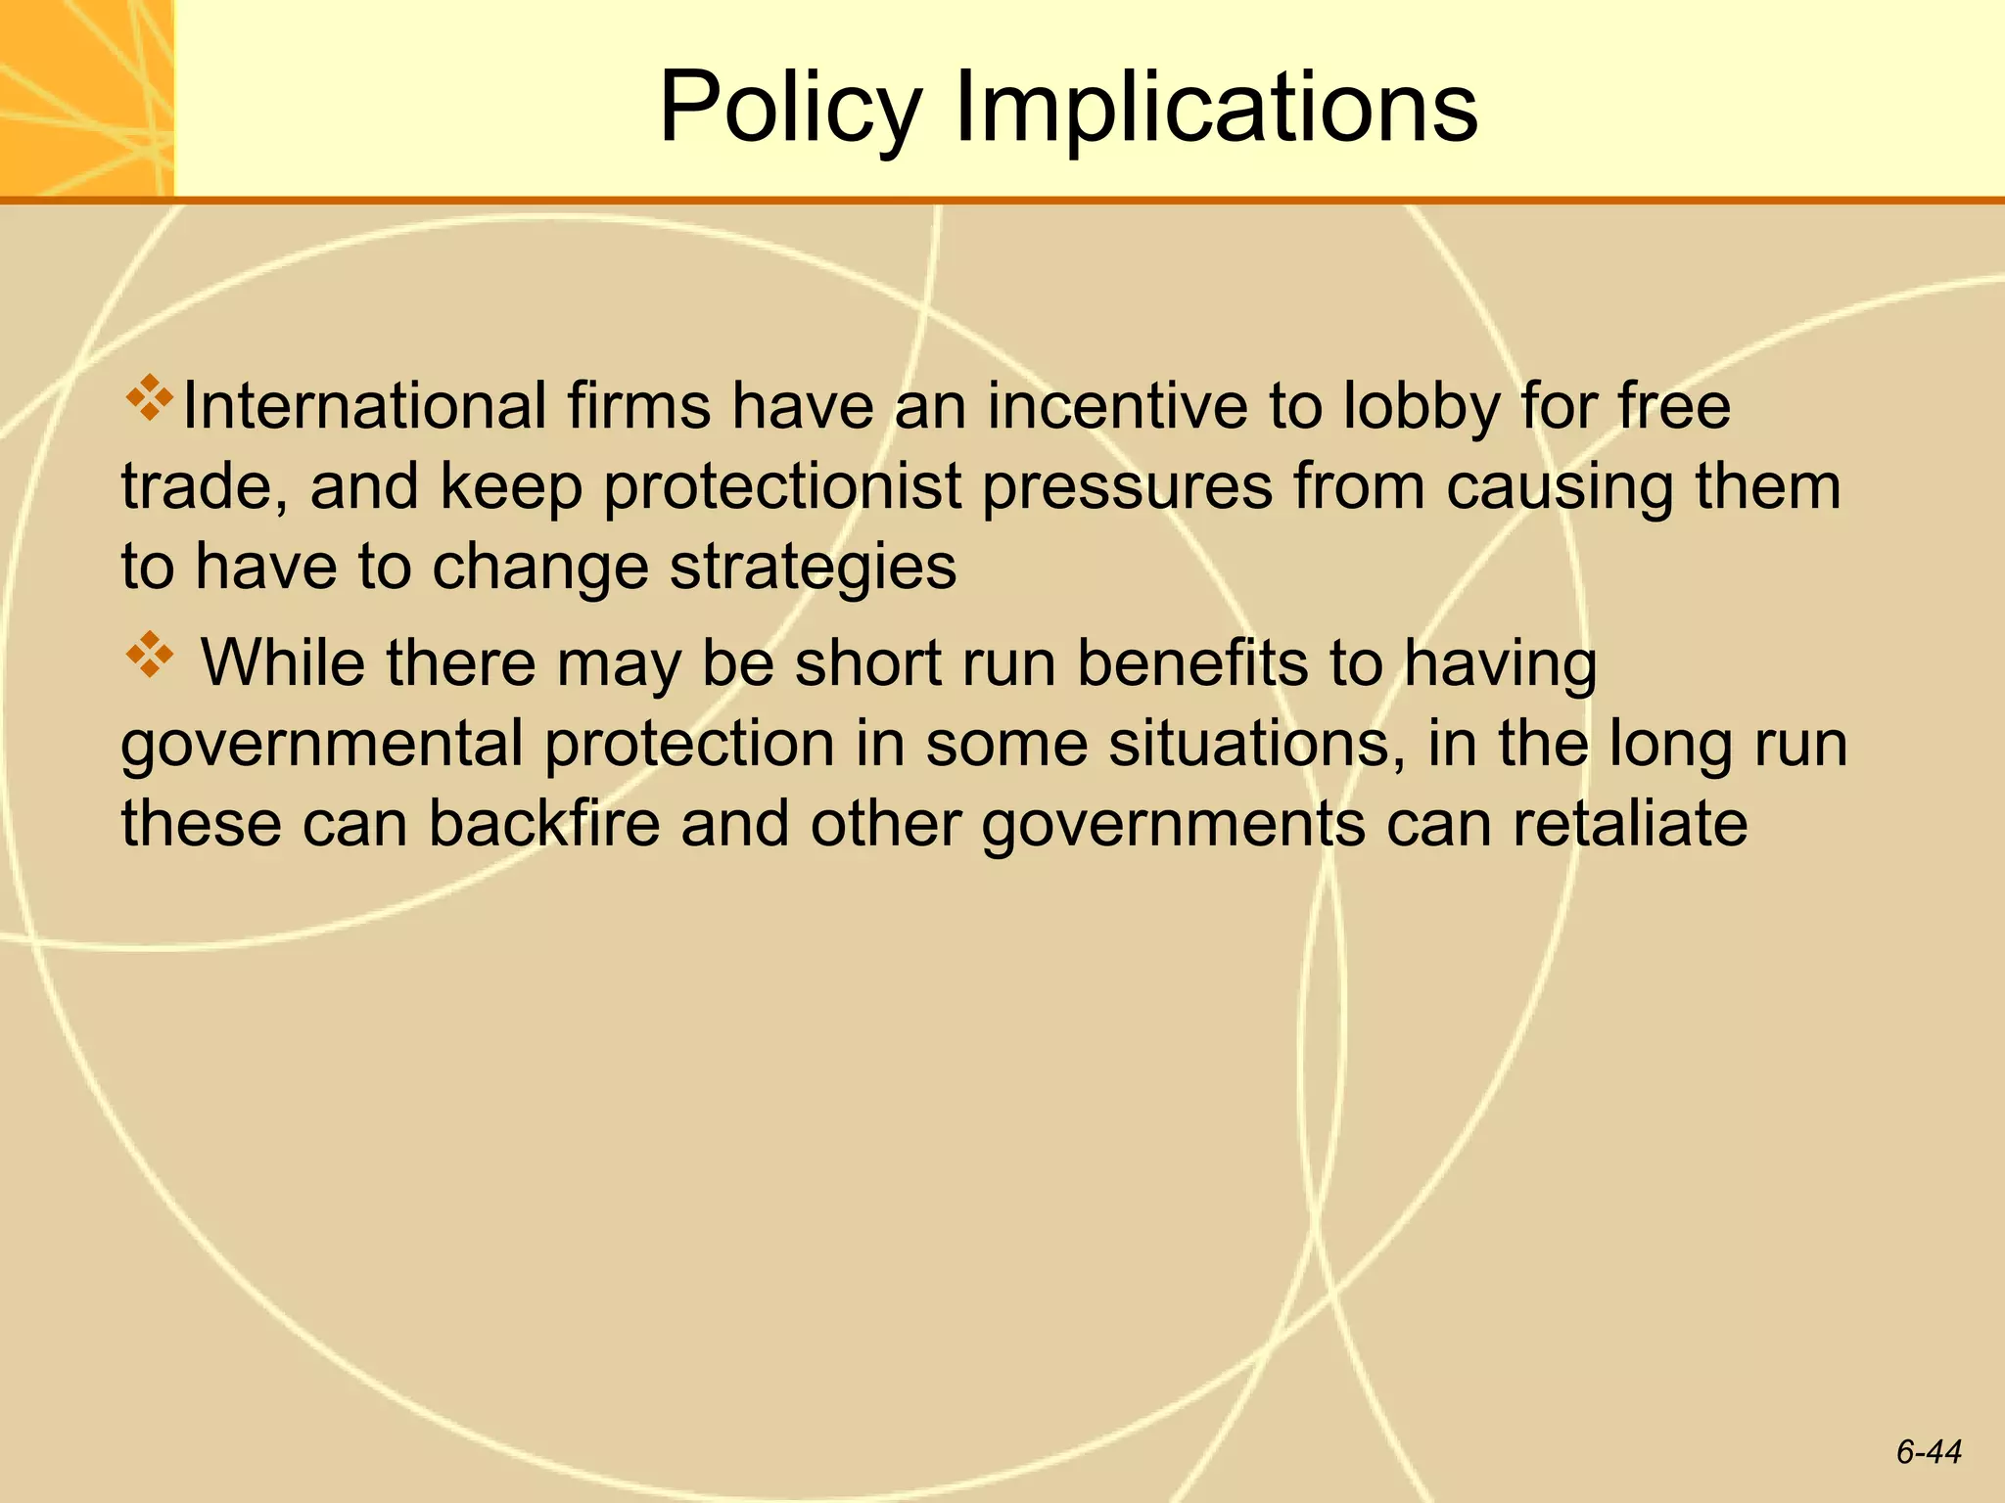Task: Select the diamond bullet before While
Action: [149, 657]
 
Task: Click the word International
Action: [364, 406]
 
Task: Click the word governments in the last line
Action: [1173, 825]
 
